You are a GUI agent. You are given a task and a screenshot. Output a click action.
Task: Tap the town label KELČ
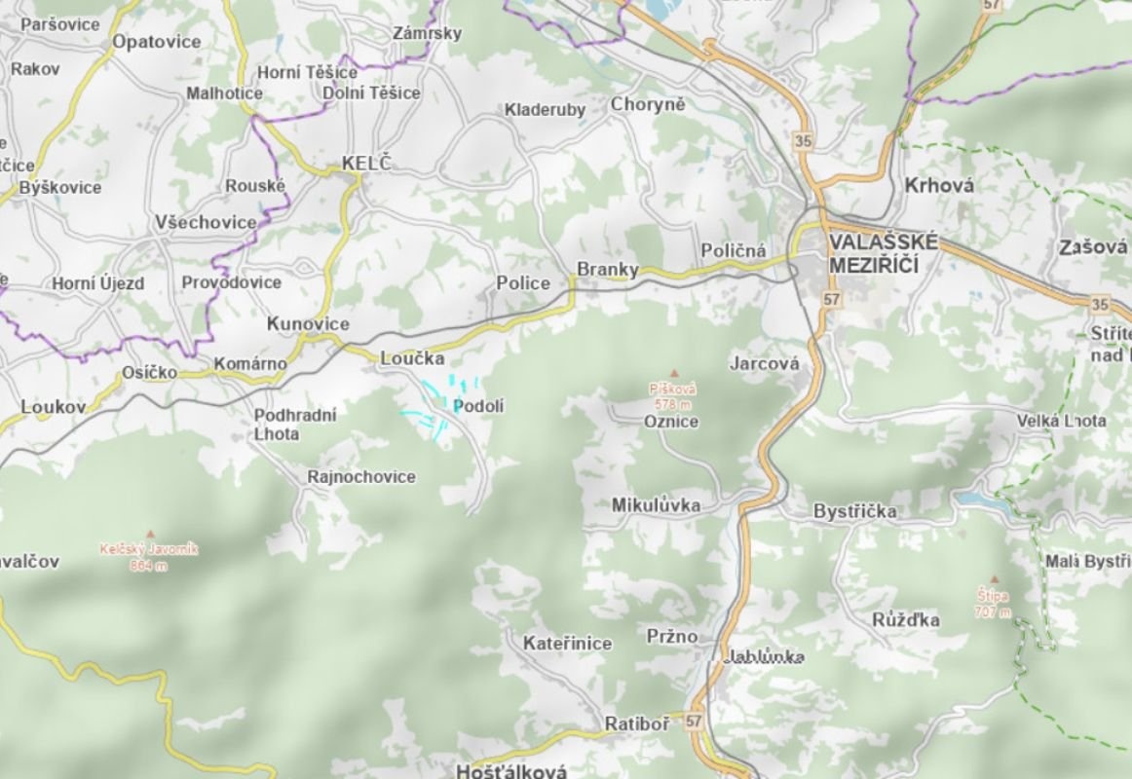[365, 164]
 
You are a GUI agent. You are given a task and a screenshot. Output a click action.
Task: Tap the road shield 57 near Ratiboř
[693, 722]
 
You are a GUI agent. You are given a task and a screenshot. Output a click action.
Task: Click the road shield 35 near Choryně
[803, 141]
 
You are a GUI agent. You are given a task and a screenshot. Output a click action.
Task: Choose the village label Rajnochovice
[360, 477]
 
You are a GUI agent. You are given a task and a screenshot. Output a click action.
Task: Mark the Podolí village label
[479, 406]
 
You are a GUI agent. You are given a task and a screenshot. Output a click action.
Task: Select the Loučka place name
[412, 358]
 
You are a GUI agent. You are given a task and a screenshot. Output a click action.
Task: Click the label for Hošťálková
[511, 771]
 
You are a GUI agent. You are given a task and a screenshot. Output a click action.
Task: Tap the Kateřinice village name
[567, 644]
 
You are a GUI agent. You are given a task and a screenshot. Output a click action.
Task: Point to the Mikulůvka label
[656, 505]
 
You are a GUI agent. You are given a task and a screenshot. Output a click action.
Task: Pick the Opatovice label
[157, 42]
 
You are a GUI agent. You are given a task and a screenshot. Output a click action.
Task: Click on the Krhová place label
[939, 185]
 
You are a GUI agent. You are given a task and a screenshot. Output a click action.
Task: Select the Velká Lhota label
[1061, 421]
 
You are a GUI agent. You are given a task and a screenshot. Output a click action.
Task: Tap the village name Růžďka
[906, 620]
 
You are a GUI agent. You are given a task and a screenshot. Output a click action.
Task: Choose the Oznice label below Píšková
[671, 422]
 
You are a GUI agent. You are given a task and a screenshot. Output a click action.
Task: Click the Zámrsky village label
[427, 33]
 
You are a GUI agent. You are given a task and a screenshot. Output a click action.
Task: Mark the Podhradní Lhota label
[295, 425]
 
